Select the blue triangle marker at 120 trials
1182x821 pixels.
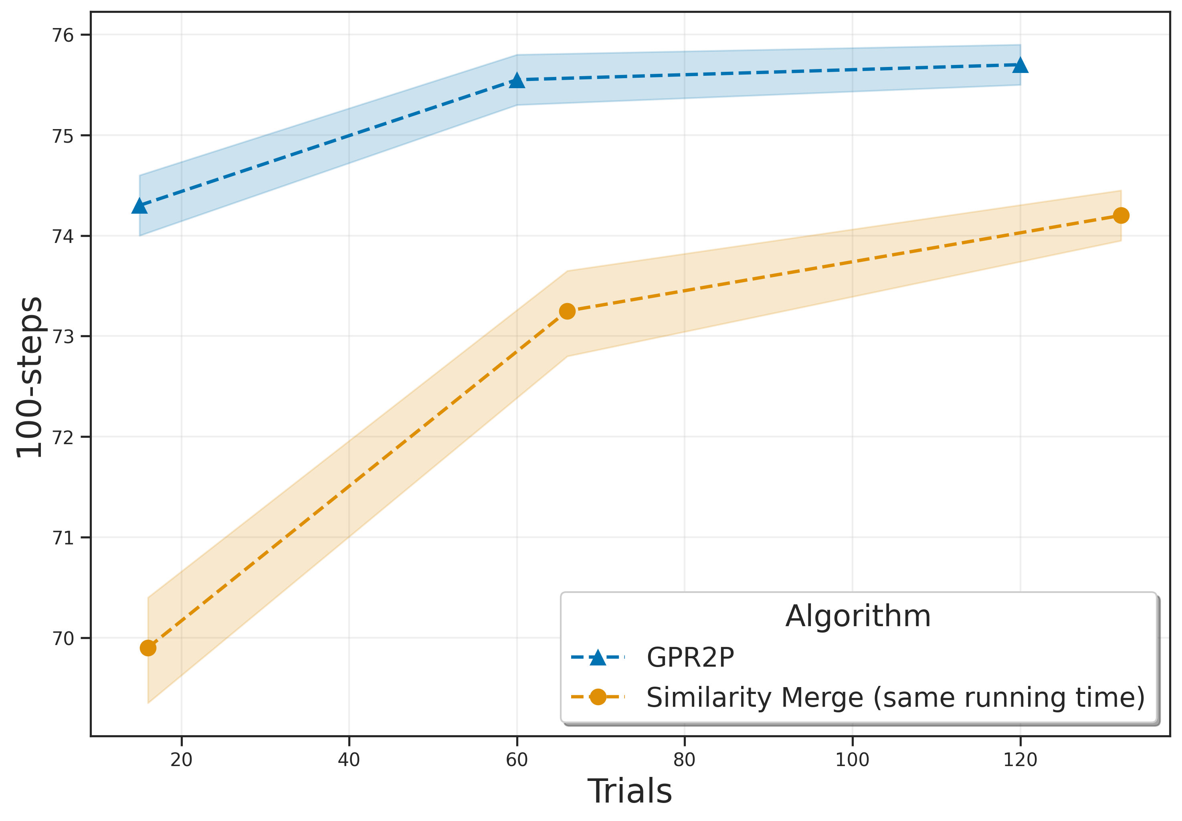(1020, 65)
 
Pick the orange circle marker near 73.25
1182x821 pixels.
(567, 311)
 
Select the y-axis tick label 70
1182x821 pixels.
(63, 638)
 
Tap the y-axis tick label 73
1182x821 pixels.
(63, 336)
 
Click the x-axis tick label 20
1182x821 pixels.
(181, 760)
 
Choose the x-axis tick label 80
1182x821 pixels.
(684, 760)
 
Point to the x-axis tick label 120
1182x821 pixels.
(1020, 760)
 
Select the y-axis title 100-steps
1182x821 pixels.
(29, 377)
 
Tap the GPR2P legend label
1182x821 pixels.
(690, 657)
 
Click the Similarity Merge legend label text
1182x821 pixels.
(895, 698)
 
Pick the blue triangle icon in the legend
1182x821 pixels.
(598, 657)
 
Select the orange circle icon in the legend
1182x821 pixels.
(598, 697)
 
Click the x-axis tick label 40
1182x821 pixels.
(349, 760)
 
